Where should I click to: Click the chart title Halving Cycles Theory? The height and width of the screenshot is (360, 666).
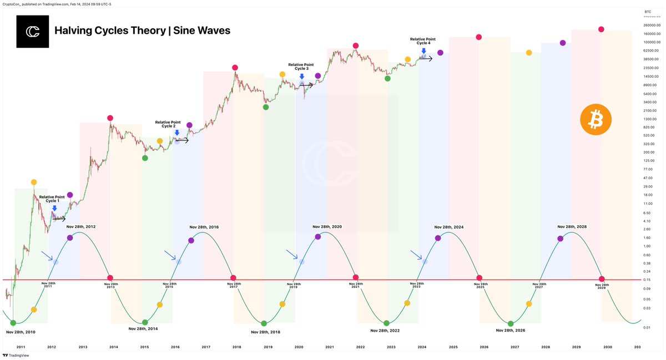142,31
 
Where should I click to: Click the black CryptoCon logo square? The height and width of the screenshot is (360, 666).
33,31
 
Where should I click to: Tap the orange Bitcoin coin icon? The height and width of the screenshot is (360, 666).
596,119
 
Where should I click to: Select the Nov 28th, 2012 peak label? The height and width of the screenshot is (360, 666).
81,227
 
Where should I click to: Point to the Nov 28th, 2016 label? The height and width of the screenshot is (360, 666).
204,227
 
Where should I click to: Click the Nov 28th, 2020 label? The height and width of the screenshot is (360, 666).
327,227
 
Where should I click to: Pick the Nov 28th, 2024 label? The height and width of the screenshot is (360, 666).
449,227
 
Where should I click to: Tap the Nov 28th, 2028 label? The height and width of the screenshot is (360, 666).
572,227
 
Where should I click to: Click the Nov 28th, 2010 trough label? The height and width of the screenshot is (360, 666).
21,332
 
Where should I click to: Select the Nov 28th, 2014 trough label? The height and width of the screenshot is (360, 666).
143,328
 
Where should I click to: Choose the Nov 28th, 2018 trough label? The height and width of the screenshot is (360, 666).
265,332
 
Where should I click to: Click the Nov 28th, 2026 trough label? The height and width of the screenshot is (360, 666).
511,330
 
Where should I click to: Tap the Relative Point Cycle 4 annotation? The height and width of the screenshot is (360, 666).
423,41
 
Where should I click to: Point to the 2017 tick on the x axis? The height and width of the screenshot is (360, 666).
206,347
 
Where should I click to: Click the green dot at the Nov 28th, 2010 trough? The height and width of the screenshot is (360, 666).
13,323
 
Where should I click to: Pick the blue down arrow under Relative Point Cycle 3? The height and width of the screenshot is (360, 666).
301,77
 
